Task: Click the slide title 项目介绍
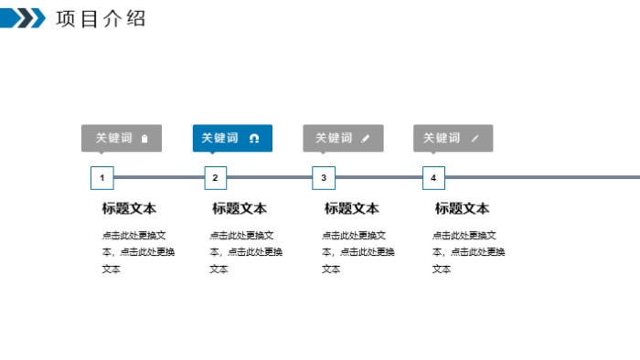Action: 101,18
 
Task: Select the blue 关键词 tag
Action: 232,138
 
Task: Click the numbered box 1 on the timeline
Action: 102,177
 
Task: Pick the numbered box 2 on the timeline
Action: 215,177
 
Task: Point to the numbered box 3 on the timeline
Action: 324,177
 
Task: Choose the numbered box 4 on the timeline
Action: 433,177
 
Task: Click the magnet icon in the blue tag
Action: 254,139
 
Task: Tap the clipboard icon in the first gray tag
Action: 144,139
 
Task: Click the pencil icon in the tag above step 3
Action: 366,139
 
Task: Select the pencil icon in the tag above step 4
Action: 475,139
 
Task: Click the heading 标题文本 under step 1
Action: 129,208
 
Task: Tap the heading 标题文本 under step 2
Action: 240,208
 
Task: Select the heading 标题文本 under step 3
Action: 352,208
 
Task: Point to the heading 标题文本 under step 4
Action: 462,208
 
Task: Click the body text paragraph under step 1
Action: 138,251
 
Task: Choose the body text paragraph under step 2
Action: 246,251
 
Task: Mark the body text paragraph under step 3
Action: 357,251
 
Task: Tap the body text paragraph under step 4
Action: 468,251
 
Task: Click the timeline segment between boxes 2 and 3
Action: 270,177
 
